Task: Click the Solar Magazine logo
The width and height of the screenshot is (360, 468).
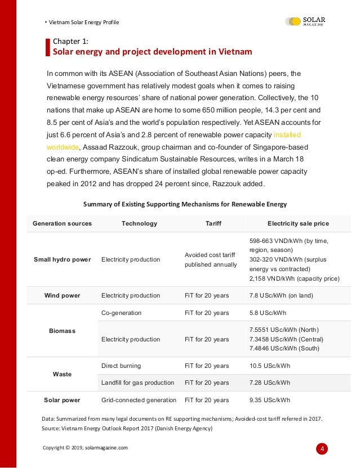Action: (x=305, y=21)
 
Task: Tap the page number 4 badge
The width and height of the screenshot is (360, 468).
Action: (x=322, y=449)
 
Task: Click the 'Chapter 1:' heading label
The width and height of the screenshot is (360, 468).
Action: (x=70, y=41)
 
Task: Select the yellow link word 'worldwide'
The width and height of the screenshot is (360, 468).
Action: (x=63, y=147)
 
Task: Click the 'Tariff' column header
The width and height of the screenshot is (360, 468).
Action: (x=213, y=223)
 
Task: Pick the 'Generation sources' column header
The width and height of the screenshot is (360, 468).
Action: (x=62, y=223)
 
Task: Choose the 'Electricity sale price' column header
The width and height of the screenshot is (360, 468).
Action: (x=298, y=223)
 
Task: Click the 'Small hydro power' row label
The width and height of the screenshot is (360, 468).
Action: (x=62, y=259)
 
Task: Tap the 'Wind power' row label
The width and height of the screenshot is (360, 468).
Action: (x=62, y=295)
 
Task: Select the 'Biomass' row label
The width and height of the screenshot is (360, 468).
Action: (x=62, y=331)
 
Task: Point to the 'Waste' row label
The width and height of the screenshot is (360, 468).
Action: (x=62, y=374)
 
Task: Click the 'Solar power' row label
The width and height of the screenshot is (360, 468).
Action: (x=62, y=400)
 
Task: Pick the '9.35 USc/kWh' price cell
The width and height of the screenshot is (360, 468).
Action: (x=269, y=400)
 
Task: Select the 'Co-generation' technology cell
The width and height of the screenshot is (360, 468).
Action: (x=121, y=313)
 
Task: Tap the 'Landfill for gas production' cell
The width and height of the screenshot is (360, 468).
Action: (x=137, y=382)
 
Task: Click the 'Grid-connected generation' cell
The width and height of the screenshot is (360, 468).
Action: (x=139, y=400)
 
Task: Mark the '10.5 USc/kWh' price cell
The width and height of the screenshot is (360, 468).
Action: (x=269, y=366)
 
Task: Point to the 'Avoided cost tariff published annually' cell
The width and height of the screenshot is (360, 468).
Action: (x=211, y=259)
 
